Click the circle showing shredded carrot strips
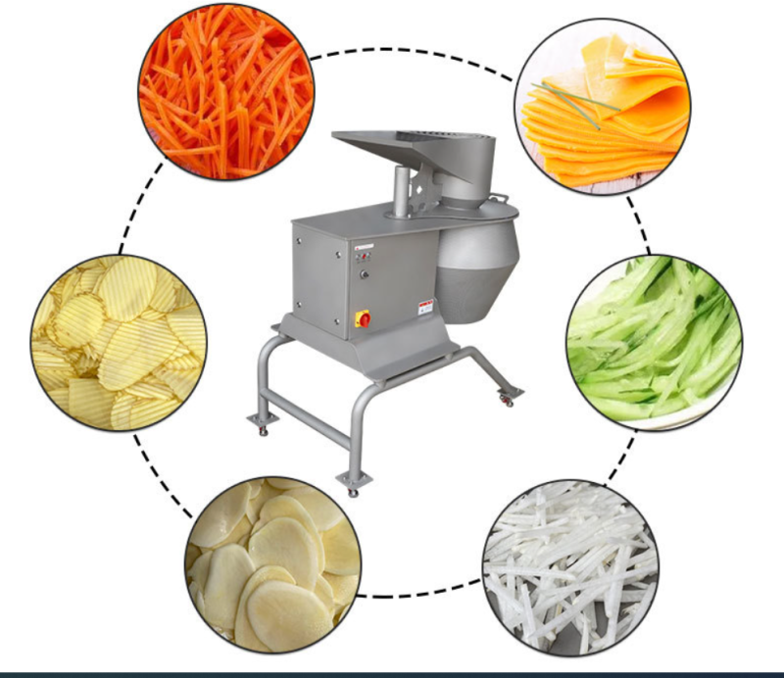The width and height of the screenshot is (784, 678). (224, 93)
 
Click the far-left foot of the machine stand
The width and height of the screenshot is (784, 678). (262, 423)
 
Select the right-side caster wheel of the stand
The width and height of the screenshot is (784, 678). (508, 397)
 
